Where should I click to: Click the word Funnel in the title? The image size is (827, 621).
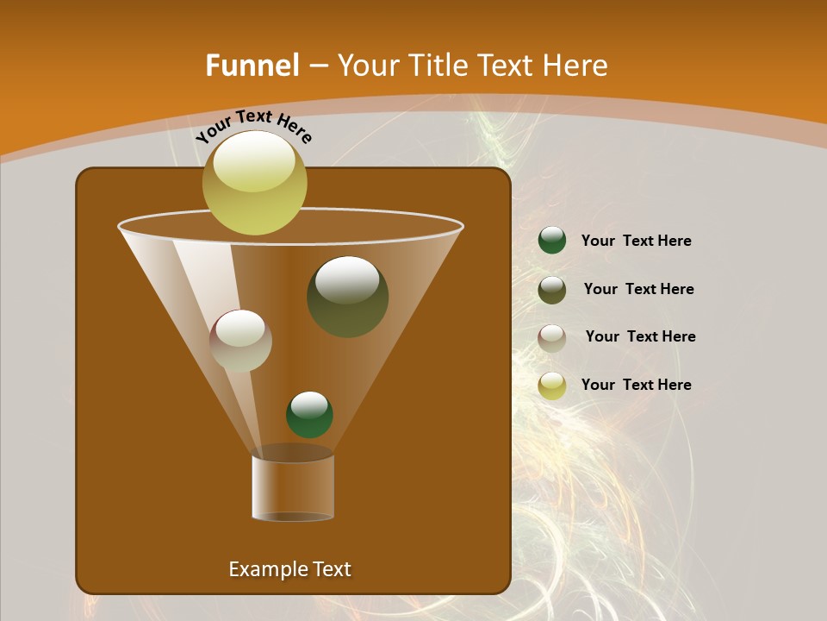coord(252,66)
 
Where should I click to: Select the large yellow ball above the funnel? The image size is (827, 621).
coord(254,184)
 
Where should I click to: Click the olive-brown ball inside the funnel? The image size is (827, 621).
coord(347,297)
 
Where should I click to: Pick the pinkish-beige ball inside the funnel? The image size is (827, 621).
coord(240,341)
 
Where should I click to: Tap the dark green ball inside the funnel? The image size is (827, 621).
coord(309,415)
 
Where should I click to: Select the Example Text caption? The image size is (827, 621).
coord(289,569)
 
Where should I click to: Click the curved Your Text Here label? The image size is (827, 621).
coord(254,126)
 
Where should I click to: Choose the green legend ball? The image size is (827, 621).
coord(552,241)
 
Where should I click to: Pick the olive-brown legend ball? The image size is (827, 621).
coord(552,290)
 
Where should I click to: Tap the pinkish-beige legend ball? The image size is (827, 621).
coord(552,338)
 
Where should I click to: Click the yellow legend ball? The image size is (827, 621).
coord(552,386)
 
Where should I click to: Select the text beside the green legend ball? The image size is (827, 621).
coord(636,241)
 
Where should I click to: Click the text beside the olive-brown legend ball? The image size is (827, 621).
coord(638,289)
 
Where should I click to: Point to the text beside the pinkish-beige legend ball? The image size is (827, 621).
coord(640,336)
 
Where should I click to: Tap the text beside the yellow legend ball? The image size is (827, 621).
coord(636,385)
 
